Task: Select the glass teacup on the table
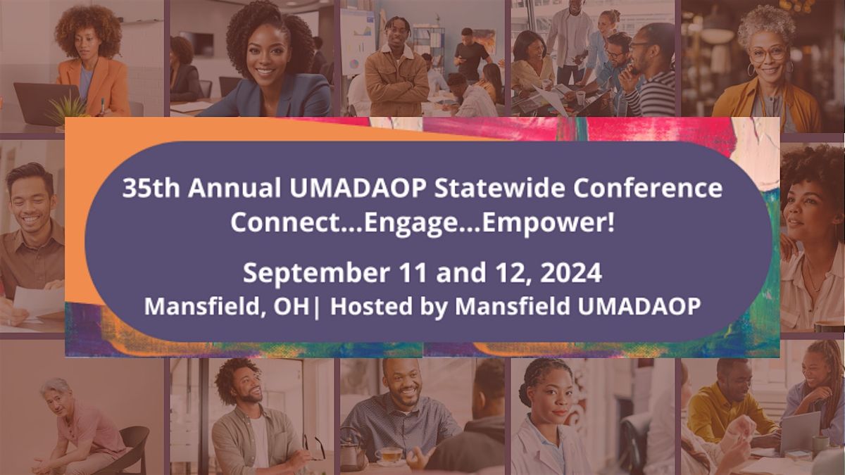tap(389, 455)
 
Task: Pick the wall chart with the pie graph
tap(358, 42)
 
